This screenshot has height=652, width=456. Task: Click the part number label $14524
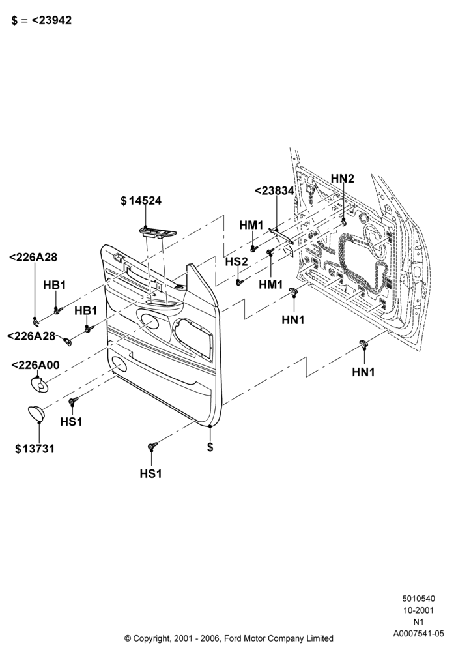pyautogui.click(x=141, y=200)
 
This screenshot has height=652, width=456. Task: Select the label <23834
pyautogui.click(x=274, y=191)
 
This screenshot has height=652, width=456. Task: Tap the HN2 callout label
pyautogui.click(x=343, y=179)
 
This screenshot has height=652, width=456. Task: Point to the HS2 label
pyautogui.click(x=236, y=261)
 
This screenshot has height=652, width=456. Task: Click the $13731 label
pyautogui.click(x=35, y=449)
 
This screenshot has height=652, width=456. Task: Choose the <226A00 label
pyautogui.click(x=35, y=365)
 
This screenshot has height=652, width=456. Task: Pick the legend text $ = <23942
pyautogui.click(x=42, y=20)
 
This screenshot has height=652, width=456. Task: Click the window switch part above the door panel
pyautogui.click(x=157, y=232)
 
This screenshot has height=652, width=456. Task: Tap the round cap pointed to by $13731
pyautogui.click(x=37, y=413)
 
